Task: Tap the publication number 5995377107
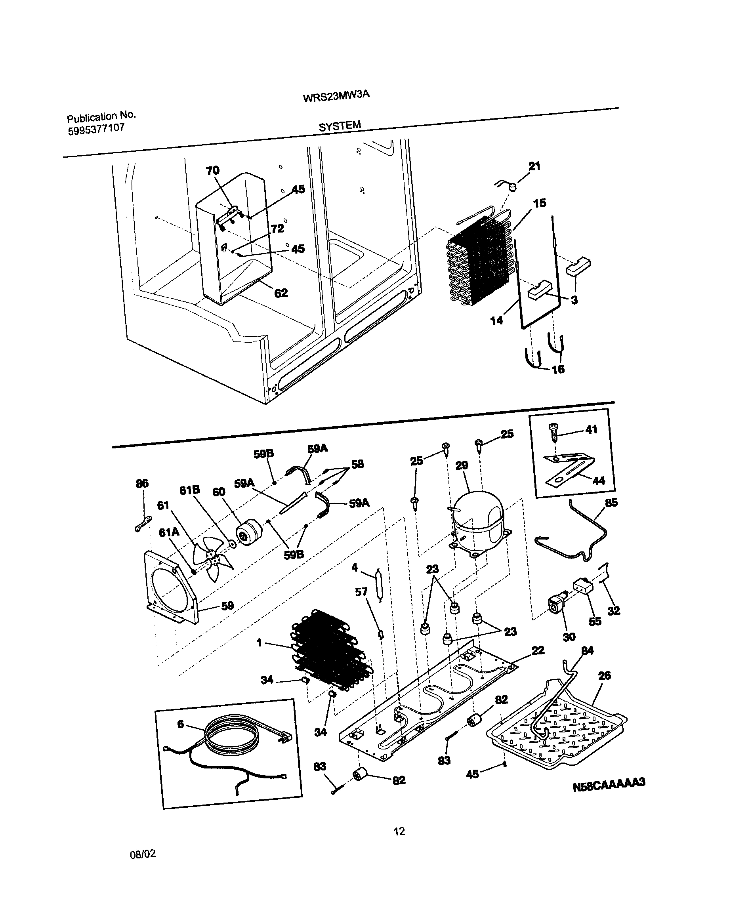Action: [x=96, y=129]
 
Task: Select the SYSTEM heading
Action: [x=340, y=126]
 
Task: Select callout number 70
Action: [x=212, y=171]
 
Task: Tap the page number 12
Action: [x=399, y=831]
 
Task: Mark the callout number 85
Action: [x=611, y=503]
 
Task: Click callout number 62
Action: [x=281, y=293]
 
